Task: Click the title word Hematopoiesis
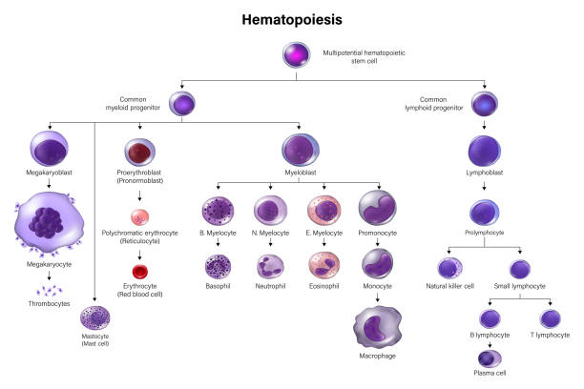[x=291, y=18]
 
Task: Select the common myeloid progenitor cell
[x=182, y=103]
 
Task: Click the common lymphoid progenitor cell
[x=486, y=102]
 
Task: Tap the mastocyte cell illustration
[x=95, y=317]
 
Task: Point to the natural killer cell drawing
[x=450, y=268]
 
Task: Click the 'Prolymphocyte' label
[x=485, y=232]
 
